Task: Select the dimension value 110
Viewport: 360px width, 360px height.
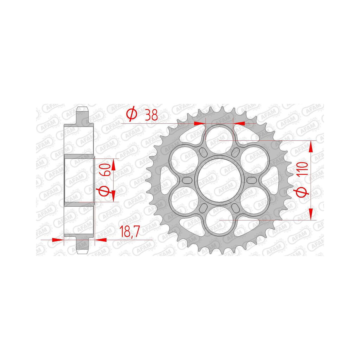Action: point(303,169)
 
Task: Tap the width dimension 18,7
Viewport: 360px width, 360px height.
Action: point(130,231)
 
